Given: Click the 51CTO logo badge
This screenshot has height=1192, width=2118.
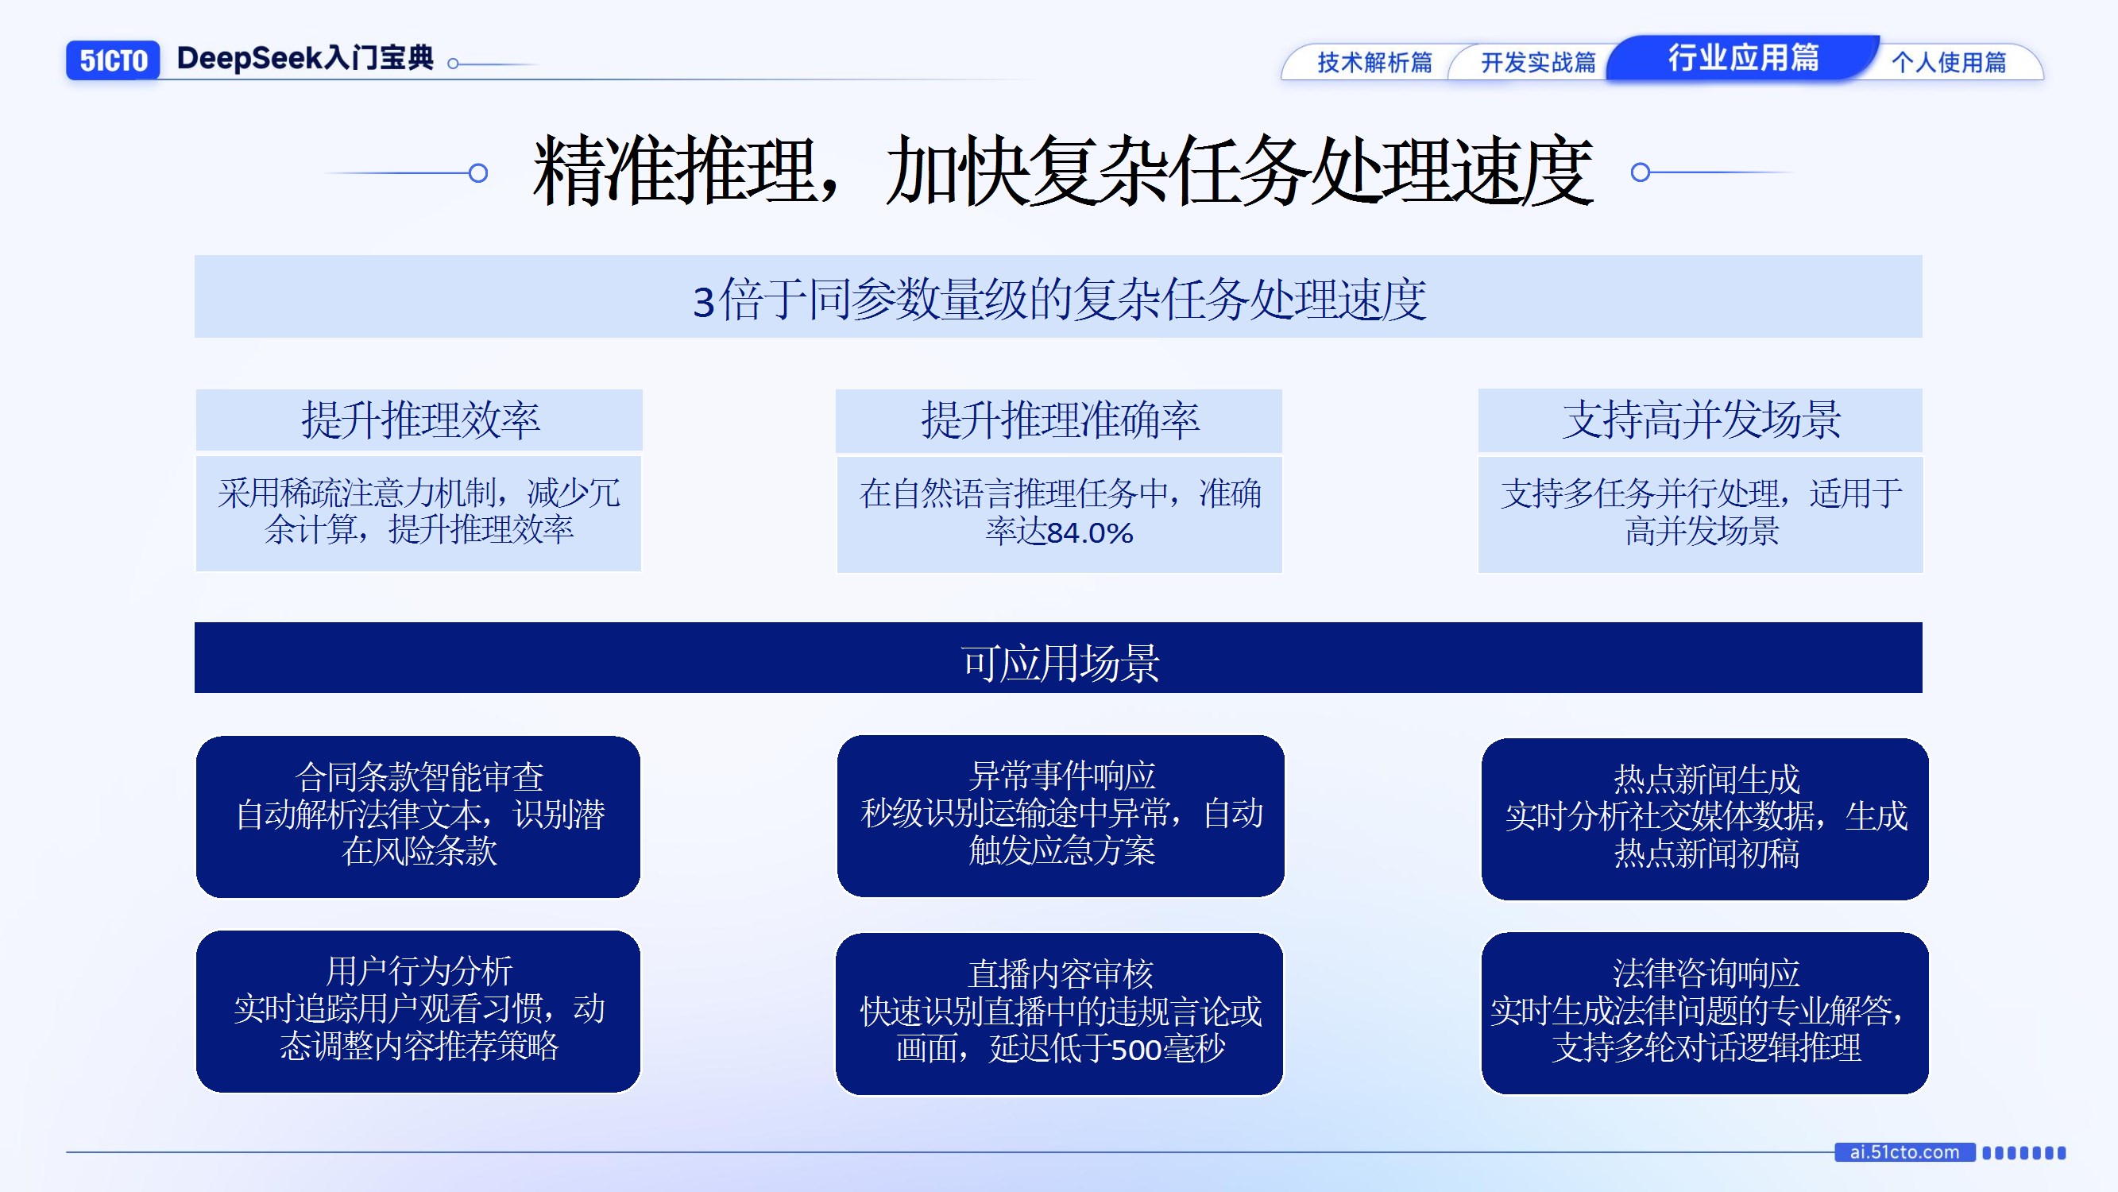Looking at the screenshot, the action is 113,60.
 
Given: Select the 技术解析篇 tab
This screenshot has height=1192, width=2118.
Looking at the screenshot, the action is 1374,63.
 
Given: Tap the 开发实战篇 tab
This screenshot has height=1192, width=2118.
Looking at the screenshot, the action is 1537,63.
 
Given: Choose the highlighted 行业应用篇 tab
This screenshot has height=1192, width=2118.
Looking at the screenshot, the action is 1743,57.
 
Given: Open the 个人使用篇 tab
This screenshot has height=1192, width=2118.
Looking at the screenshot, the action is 1948,63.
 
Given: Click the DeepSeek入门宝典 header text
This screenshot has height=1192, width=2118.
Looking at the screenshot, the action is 305,58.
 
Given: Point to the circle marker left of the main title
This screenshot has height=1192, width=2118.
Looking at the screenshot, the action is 477,172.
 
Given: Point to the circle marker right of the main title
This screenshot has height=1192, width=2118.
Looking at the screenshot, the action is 1641,172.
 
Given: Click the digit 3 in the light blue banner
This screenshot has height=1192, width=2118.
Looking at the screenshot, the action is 704,302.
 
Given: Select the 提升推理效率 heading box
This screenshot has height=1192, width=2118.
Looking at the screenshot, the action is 419,420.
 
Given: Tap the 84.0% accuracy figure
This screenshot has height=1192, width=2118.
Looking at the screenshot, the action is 1090,533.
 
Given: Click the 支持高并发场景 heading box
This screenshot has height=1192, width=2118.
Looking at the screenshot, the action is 1700,420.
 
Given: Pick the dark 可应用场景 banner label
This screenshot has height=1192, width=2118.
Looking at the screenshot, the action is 1059,662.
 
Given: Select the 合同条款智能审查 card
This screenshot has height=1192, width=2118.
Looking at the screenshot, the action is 419,816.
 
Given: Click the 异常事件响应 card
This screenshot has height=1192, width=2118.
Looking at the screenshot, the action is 1061,815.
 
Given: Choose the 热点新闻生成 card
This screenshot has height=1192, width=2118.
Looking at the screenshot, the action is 1704,818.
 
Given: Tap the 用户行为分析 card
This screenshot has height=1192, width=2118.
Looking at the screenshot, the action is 419,1011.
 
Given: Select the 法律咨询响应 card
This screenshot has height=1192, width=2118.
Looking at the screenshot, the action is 1704,1012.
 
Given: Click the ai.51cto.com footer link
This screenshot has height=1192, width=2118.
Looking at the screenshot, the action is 1904,1151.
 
